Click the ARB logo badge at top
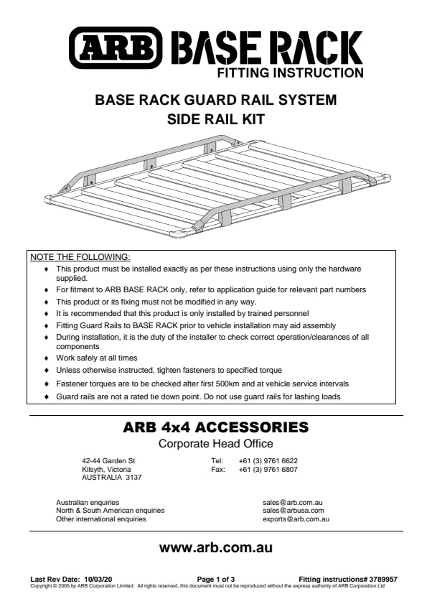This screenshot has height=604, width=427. pyautogui.click(x=116, y=48)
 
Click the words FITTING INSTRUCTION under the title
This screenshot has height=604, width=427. pyautogui.click(x=291, y=73)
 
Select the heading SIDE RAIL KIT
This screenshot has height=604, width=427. pyautogui.click(x=216, y=119)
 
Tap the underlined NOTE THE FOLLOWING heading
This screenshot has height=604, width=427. pyautogui.click(x=80, y=257)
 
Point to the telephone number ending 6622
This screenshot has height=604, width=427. pyautogui.click(x=268, y=460)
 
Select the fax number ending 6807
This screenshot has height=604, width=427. pyautogui.click(x=268, y=469)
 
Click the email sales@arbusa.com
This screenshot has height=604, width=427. pyautogui.click(x=294, y=511)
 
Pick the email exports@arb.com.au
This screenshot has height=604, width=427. pyautogui.click(x=296, y=519)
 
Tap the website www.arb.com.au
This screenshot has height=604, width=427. pyautogui.click(x=216, y=547)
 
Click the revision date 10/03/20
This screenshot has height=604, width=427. pyautogui.click(x=98, y=579)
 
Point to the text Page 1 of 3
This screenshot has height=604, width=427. pyautogui.click(x=216, y=579)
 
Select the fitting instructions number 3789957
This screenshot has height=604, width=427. pyautogui.click(x=383, y=579)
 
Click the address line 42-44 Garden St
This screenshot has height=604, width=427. pyautogui.click(x=108, y=460)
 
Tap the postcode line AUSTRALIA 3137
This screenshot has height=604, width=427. pyautogui.click(x=112, y=478)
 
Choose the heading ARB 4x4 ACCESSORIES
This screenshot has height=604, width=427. pyautogui.click(x=216, y=427)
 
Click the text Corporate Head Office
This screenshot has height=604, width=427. pyautogui.click(x=216, y=444)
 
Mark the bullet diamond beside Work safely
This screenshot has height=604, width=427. pyautogui.click(x=47, y=358)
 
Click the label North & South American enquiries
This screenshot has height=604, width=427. pyautogui.click(x=110, y=511)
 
